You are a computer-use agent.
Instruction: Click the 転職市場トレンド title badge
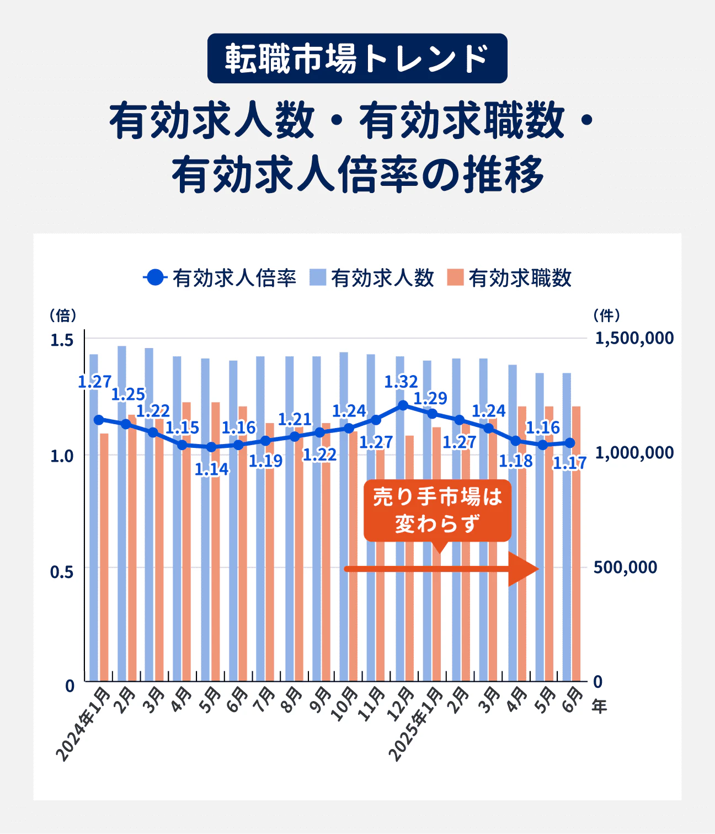coord(357,58)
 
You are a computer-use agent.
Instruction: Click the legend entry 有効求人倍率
coord(221,278)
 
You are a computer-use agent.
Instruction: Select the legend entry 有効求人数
coord(373,278)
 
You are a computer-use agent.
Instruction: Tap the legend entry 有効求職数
coord(510,278)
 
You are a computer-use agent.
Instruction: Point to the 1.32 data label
coord(401,382)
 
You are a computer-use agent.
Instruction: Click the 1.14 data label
coord(211,469)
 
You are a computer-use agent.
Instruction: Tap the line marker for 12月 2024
coord(403,405)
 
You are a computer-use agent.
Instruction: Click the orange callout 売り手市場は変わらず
coord(437,510)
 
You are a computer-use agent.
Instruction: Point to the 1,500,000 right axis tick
coord(634,338)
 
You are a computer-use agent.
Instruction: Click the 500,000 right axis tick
coord(626,568)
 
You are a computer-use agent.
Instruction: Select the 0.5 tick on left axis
coord(62,572)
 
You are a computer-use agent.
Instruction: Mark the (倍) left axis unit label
coord(63,316)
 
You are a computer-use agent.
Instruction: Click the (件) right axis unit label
coord(607,316)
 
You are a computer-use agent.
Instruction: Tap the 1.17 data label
coord(569,463)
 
